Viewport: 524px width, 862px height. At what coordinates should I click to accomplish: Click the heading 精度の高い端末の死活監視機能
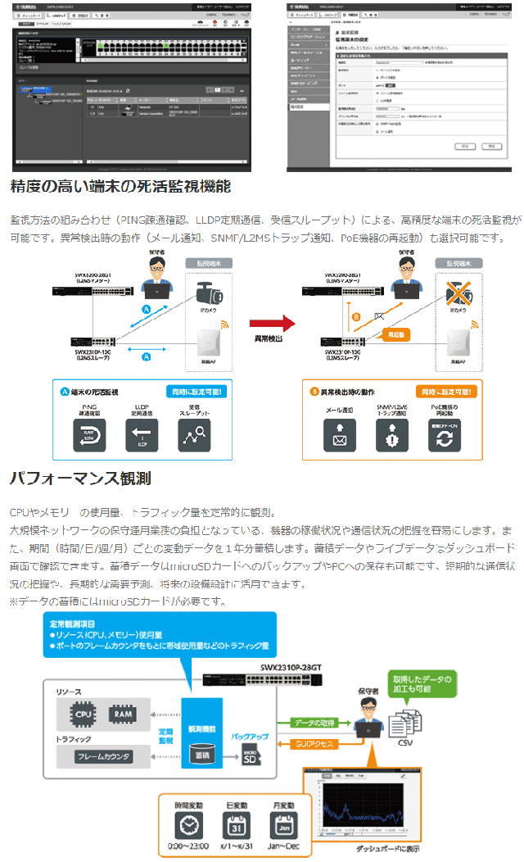[120, 187]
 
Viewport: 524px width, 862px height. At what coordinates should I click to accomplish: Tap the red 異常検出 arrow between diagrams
[272, 324]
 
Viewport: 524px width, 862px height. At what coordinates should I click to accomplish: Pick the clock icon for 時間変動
[189, 822]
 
